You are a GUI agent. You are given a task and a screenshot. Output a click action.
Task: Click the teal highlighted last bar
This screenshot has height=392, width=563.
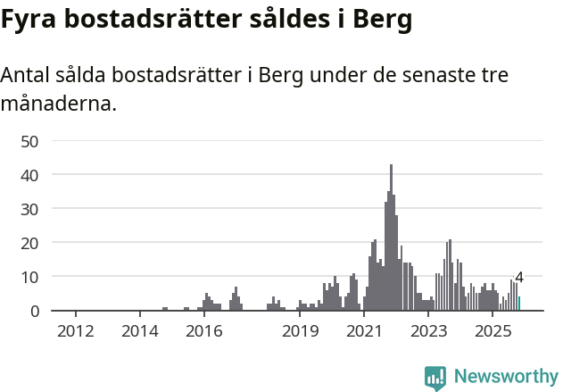(519, 304)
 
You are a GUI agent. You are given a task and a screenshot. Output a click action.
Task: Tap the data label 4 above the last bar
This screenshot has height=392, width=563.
(519, 278)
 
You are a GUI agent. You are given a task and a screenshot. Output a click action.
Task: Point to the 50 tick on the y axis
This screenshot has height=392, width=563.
(30, 141)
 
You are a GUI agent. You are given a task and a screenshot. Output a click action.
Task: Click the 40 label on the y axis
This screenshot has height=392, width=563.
(30, 175)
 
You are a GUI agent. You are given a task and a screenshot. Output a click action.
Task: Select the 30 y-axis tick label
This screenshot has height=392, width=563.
(30, 209)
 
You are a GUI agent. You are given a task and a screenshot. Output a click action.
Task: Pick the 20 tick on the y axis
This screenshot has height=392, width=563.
(30, 243)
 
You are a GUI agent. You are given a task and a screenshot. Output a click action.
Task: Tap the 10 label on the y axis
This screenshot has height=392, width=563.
(30, 277)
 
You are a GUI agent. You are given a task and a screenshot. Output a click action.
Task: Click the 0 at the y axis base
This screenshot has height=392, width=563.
(35, 311)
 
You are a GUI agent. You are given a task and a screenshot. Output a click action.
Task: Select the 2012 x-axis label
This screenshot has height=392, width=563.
(75, 332)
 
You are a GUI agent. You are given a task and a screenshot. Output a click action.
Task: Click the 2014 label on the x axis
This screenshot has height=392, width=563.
(139, 332)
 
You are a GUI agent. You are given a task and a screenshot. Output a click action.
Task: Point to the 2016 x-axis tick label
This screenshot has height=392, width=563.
(203, 332)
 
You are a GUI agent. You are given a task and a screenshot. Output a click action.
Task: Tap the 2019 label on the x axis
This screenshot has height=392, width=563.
(300, 332)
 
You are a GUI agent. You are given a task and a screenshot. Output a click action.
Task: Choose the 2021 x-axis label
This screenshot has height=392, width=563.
(364, 332)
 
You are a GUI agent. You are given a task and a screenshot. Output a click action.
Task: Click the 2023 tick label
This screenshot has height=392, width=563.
(428, 332)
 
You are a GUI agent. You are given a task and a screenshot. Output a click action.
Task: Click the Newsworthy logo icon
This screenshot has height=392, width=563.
(435, 378)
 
